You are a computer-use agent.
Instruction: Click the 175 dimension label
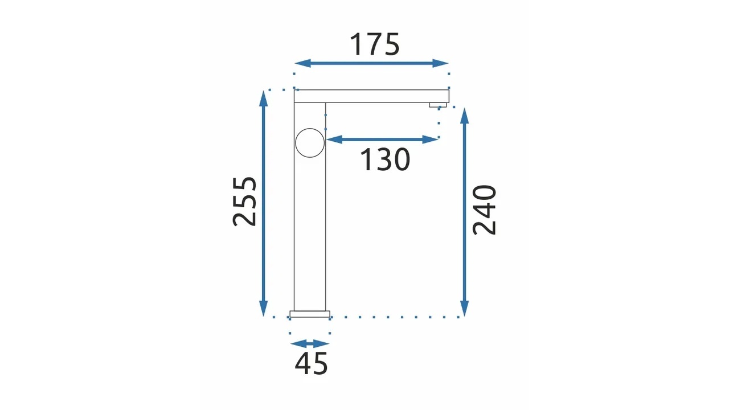(x=375, y=44)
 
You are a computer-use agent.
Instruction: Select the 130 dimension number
(x=385, y=159)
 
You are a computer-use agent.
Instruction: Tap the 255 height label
(x=244, y=202)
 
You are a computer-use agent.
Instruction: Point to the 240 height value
(x=484, y=210)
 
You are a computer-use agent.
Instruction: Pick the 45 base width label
(x=311, y=363)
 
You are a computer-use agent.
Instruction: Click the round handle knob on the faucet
(x=310, y=143)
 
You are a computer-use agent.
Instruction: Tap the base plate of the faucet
(x=310, y=314)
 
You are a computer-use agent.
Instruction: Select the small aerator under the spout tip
(x=438, y=105)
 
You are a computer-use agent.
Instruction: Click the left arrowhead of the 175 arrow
(x=302, y=63)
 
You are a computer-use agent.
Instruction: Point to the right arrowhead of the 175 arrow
(x=441, y=63)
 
